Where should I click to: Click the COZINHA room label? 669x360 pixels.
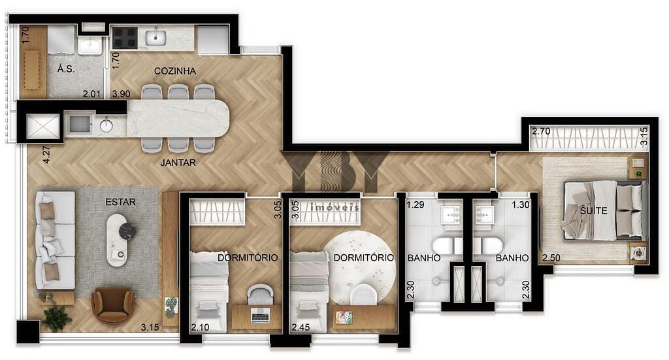click(x=175, y=71)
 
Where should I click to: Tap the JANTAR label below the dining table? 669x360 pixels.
click(x=178, y=163)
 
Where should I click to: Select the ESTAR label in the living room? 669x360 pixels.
click(x=121, y=202)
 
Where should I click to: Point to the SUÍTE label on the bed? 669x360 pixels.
click(x=593, y=211)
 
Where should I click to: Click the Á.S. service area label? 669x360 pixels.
click(x=66, y=69)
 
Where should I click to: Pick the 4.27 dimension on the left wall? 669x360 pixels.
click(x=46, y=155)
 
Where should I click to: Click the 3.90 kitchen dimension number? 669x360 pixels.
click(x=121, y=94)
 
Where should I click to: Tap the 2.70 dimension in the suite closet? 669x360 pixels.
click(x=541, y=131)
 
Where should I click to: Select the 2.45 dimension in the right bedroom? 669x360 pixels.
click(x=301, y=327)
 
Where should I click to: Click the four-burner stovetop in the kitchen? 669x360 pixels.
click(x=125, y=38)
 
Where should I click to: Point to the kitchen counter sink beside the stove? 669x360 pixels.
click(x=155, y=37)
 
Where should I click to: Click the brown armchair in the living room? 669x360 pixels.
click(x=112, y=306)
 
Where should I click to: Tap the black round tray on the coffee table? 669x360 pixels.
click(x=127, y=231)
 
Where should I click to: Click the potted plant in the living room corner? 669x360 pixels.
click(x=56, y=318)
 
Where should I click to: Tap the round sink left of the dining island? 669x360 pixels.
click(x=106, y=125)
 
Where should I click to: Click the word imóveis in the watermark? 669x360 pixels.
click(x=335, y=208)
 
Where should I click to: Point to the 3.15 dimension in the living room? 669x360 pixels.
click(x=150, y=327)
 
